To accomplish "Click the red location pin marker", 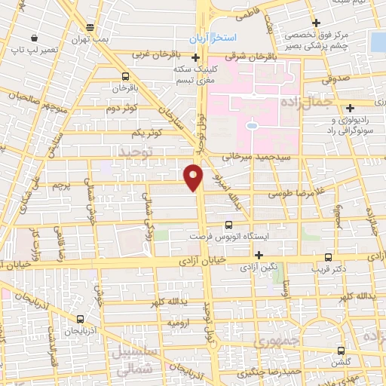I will point(195,176).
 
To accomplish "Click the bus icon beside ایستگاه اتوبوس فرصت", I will point(230,224).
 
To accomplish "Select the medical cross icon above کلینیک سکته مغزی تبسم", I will point(195,57).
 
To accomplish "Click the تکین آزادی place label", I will point(269,267).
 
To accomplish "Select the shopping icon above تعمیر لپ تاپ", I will point(14,49).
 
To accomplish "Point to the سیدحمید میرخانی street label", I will point(261,157).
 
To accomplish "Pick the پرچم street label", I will point(69,183).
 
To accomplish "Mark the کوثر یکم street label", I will point(147,133).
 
